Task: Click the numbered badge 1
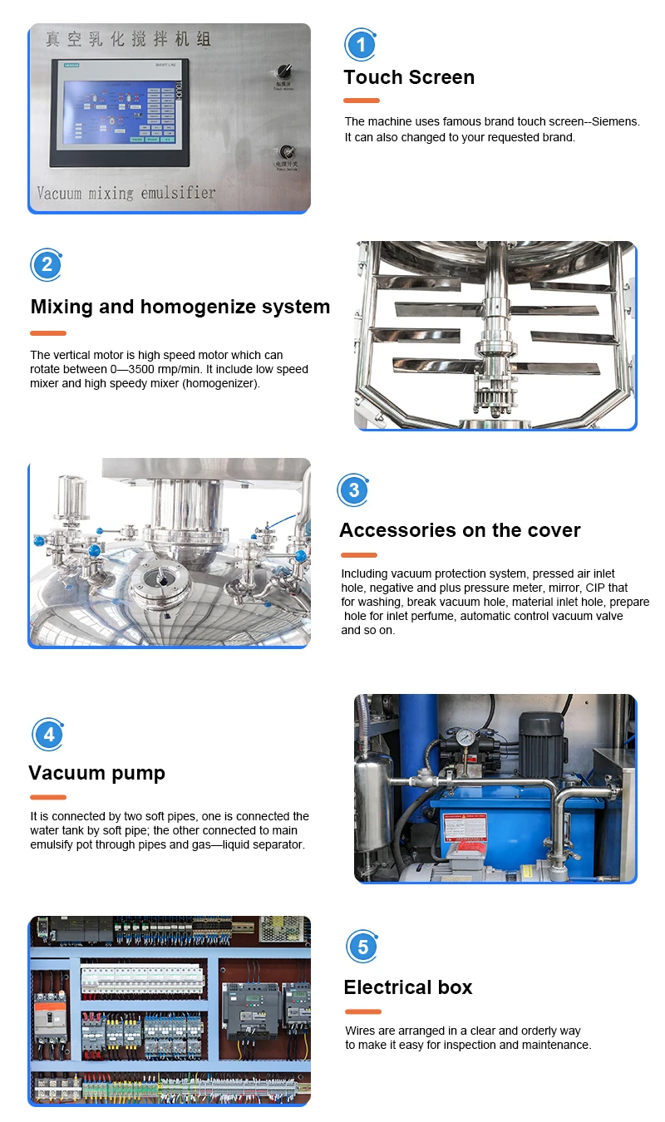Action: pos(361,44)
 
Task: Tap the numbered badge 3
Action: pos(354,490)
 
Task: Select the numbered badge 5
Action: pos(362,947)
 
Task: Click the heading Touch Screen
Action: pos(409,77)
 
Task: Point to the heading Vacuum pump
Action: pos(96,773)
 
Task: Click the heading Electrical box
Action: pos(407,987)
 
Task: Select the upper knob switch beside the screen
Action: pos(283,71)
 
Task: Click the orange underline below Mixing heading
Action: pos(48,332)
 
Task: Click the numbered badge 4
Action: pos(48,735)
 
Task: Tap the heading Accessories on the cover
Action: pos(460,530)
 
